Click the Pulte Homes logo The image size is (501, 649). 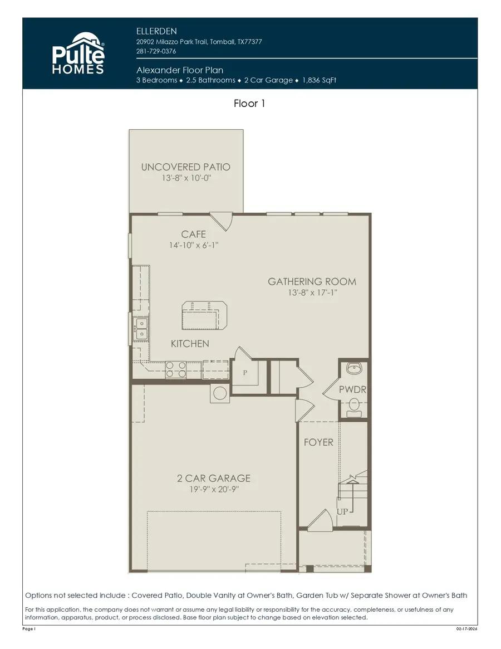click(x=78, y=53)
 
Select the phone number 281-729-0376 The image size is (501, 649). click(x=156, y=51)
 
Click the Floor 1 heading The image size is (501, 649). click(x=250, y=104)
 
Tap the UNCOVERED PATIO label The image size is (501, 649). click(x=185, y=167)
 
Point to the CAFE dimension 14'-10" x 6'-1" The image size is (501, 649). click(x=194, y=246)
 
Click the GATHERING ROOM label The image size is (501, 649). click(x=312, y=282)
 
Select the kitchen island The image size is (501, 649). click(x=204, y=315)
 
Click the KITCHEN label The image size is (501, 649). click(x=190, y=344)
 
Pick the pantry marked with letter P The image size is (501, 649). click(x=244, y=374)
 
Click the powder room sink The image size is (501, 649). click(x=353, y=368)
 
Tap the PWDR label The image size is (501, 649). click(x=352, y=390)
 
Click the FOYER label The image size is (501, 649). click(x=318, y=442)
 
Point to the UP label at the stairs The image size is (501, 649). click(x=342, y=511)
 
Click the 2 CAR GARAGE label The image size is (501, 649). click(x=213, y=478)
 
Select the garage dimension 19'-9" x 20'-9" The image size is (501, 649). click(x=213, y=490)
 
